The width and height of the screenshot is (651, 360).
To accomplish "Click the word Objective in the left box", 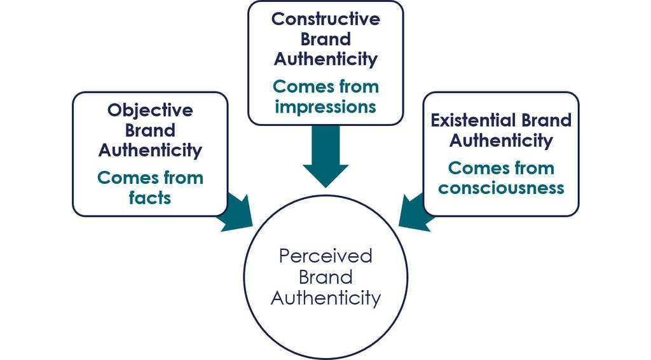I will coord(150,111).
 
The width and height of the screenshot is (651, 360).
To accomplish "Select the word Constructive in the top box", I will coord(325,19).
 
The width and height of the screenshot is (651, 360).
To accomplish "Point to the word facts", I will coord(150,198).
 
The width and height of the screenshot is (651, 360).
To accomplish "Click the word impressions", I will coord(325,106).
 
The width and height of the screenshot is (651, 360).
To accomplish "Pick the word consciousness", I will coord(501,188).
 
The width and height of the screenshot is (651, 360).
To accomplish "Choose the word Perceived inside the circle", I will coord(325,256).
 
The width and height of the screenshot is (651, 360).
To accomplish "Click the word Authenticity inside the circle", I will coord(325,298).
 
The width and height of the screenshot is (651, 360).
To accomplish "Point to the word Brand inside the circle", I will coord(325,277).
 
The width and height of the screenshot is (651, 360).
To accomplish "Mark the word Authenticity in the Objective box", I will coord(150,150).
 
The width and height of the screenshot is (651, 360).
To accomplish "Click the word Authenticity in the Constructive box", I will coord(325,59).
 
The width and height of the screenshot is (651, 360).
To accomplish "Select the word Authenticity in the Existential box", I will coord(501,140).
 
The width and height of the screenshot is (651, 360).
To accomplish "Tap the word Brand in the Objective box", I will coord(150,130).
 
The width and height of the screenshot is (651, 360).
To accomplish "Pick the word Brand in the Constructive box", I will coord(325,39).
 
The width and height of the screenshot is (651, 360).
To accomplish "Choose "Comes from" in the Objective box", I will coord(150,178).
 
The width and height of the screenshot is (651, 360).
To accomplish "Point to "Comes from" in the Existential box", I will coord(501,169).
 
